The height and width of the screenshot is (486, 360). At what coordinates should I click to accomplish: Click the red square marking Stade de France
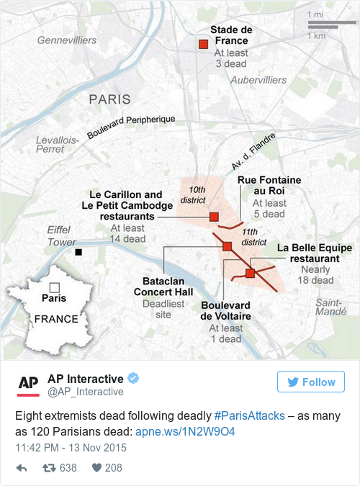[x=204, y=45]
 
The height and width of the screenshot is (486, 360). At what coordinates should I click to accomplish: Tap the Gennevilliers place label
[x=67, y=40]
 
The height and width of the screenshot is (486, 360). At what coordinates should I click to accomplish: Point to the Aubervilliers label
[x=258, y=80]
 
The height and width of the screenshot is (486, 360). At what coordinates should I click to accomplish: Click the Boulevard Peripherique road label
[x=131, y=127]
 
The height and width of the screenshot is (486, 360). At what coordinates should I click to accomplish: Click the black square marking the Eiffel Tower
[x=79, y=252]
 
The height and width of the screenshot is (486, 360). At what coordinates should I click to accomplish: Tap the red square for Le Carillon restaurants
[x=214, y=217]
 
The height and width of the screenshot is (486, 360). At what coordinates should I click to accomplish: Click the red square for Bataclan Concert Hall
[x=227, y=246]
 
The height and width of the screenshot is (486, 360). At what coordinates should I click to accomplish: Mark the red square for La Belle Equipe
[x=251, y=273]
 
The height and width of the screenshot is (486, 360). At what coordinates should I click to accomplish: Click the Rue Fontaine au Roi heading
[x=269, y=185]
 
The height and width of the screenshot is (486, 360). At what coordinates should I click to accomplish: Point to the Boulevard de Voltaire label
[x=225, y=310]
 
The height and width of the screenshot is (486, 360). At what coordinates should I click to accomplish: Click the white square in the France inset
[x=54, y=287]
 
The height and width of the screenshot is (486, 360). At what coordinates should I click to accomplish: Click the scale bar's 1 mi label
[x=315, y=15]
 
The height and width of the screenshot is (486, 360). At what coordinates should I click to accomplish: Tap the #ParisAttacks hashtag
[x=250, y=417]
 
